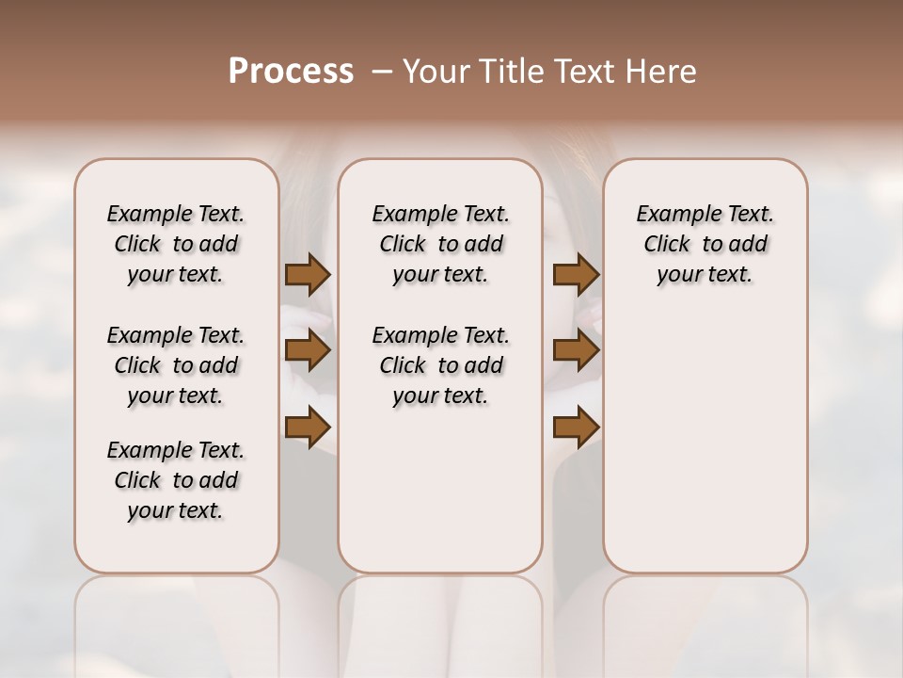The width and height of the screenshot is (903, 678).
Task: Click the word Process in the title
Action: [291, 72]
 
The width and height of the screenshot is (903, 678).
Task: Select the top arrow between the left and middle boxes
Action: [308, 275]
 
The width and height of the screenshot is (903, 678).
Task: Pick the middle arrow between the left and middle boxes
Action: [308, 351]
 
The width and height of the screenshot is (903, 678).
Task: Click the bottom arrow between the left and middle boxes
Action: [308, 428]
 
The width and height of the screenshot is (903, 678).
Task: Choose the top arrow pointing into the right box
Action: [576, 275]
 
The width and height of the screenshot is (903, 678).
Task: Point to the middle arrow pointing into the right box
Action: [576, 351]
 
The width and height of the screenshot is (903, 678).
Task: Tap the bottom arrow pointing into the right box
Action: [576, 428]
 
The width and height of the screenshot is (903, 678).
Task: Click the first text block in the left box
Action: [176, 244]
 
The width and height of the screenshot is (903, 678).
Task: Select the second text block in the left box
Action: [176, 365]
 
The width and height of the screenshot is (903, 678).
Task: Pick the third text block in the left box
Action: [176, 480]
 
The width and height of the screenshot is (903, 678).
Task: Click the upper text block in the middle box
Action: [440, 244]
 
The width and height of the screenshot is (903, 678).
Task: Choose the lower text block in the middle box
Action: [440, 365]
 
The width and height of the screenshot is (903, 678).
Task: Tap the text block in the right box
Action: [705, 244]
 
